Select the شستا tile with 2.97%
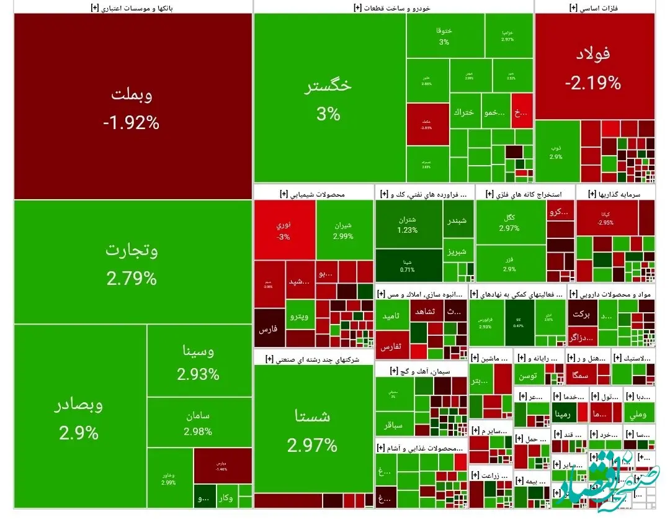point(313,428)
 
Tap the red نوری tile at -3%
point(284,230)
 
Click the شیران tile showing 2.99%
point(344,230)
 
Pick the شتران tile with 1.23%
point(408,224)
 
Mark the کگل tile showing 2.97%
point(509,222)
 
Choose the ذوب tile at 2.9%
point(556,151)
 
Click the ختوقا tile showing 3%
point(444,36)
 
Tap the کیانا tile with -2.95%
point(606,218)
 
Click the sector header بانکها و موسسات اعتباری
point(133,7)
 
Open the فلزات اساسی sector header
point(594,7)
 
